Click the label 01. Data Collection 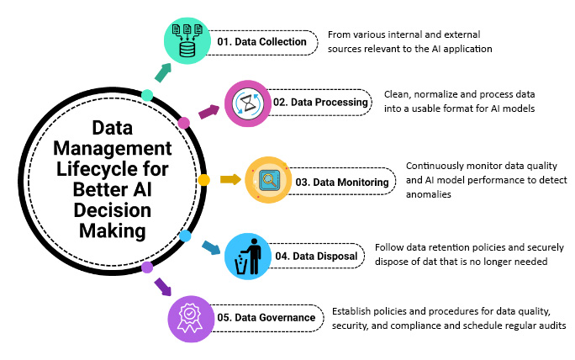click(261, 40)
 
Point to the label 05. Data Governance click(265, 318)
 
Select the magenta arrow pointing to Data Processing click(207, 112)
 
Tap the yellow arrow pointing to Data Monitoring click(229, 179)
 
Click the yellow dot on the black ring click(203, 180)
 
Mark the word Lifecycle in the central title click(105, 167)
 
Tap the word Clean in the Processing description click(397, 93)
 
